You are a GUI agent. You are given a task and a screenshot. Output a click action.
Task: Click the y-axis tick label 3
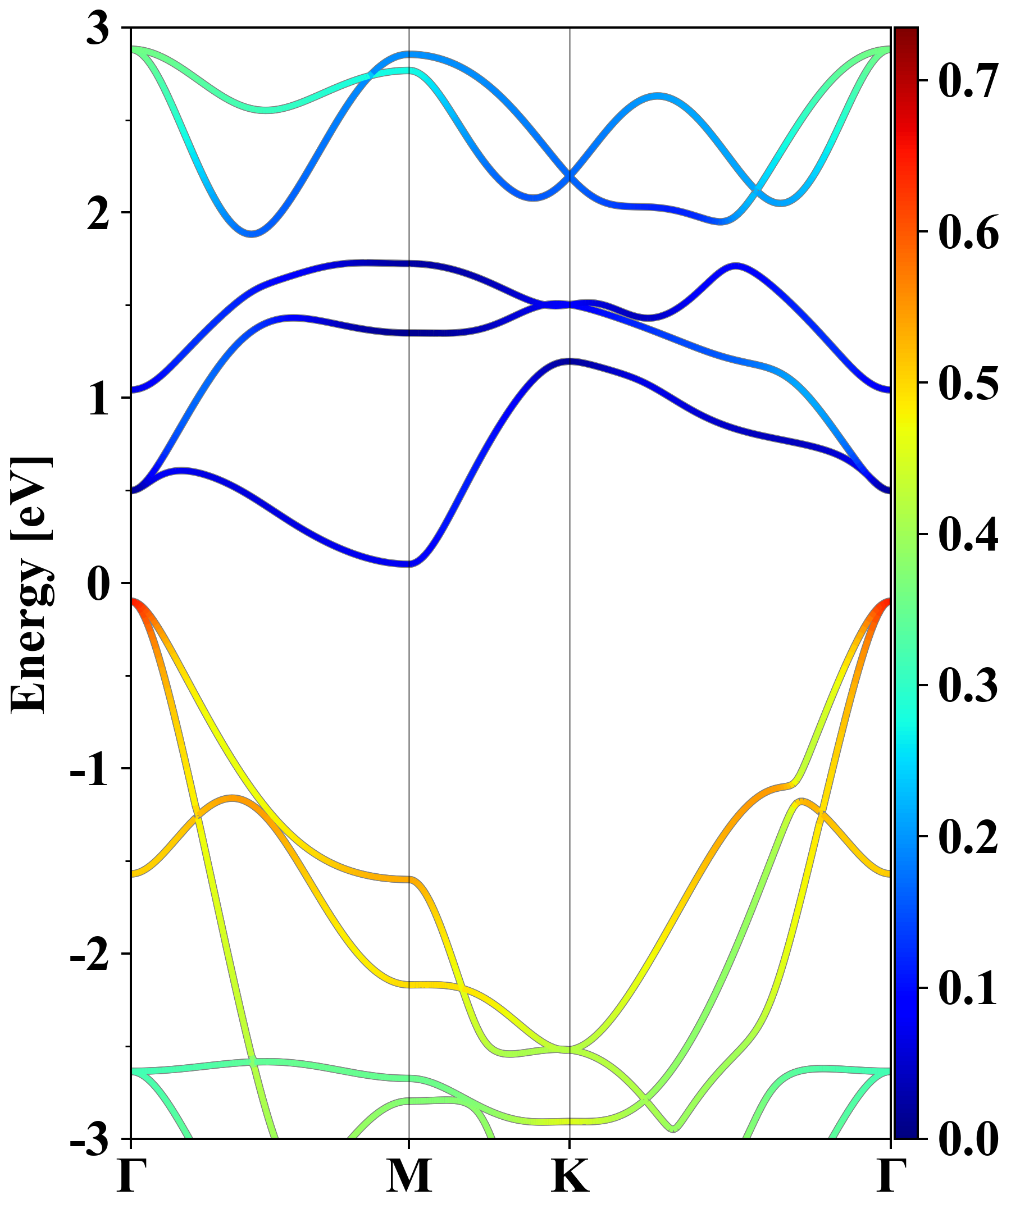click(x=98, y=29)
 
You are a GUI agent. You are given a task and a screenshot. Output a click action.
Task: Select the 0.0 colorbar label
click(x=968, y=1139)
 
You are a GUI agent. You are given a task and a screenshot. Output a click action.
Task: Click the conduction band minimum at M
click(x=409, y=564)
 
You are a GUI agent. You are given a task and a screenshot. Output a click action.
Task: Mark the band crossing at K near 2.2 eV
click(x=570, y=175)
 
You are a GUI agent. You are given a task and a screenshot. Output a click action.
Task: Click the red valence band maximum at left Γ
click(x=134, y=602)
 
